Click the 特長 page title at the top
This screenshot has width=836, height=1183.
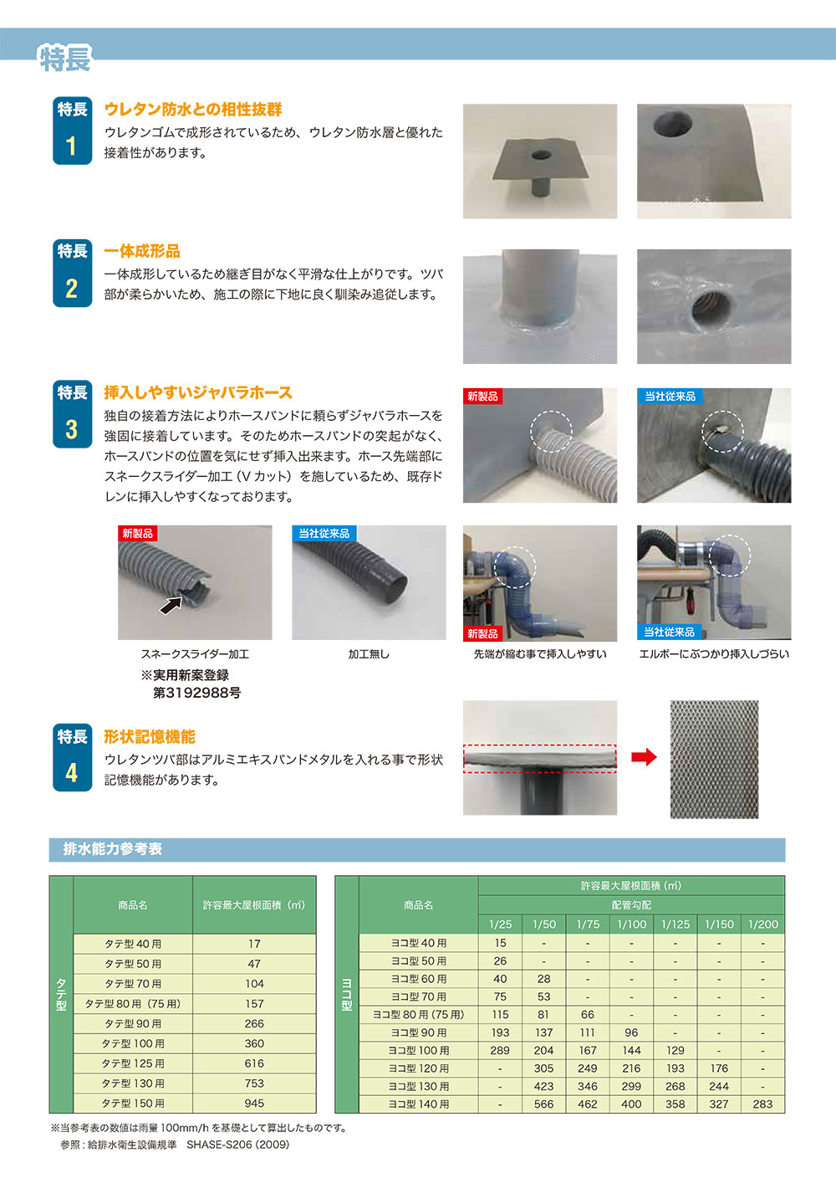click(64, 59)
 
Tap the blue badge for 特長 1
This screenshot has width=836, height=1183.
click(72, 131)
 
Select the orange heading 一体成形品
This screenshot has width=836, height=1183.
click(142, 251)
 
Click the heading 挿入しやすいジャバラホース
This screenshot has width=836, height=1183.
click(198, 392)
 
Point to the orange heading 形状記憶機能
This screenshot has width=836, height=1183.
click(150, 736)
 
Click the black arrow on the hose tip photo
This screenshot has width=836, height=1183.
click(171, 604)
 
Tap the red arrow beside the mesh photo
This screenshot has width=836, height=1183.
click(644, 757)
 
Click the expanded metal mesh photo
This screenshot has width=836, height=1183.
click(714, 759)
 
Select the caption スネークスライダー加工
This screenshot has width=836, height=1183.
click(195, 654)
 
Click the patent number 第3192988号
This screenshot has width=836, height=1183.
click(196, 693)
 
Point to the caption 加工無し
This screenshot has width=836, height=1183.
click(369, 654)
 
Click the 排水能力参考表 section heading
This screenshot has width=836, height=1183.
click(113, 849)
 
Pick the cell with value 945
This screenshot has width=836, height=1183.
click(254, 1104)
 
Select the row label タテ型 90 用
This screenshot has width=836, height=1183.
click(133, 1024)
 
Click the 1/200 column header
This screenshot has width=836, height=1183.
click(762, 924)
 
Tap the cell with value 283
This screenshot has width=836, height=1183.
click(762, 1104)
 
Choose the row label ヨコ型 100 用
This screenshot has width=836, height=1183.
click(418, 1051)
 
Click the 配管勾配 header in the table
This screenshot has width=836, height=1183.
click(631, 905)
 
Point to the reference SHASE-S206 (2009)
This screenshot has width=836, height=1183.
click(237, 1145)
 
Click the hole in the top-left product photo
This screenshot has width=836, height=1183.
click(541, 156)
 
